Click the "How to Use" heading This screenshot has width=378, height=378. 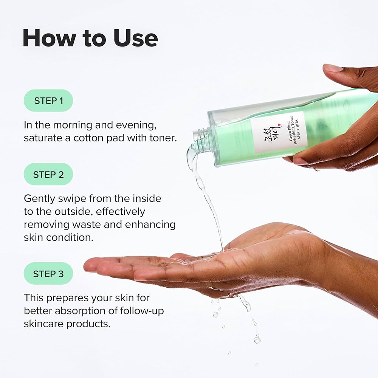[90, 38]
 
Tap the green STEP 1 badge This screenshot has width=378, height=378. [48, 101]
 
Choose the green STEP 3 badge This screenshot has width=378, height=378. [48, 274]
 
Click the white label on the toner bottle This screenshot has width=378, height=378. [279, 132]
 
